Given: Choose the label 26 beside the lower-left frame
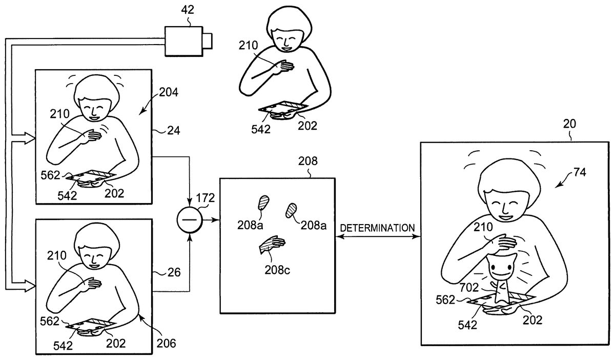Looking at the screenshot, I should [174, 273].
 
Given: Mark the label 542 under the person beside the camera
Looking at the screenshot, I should [261, 129].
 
